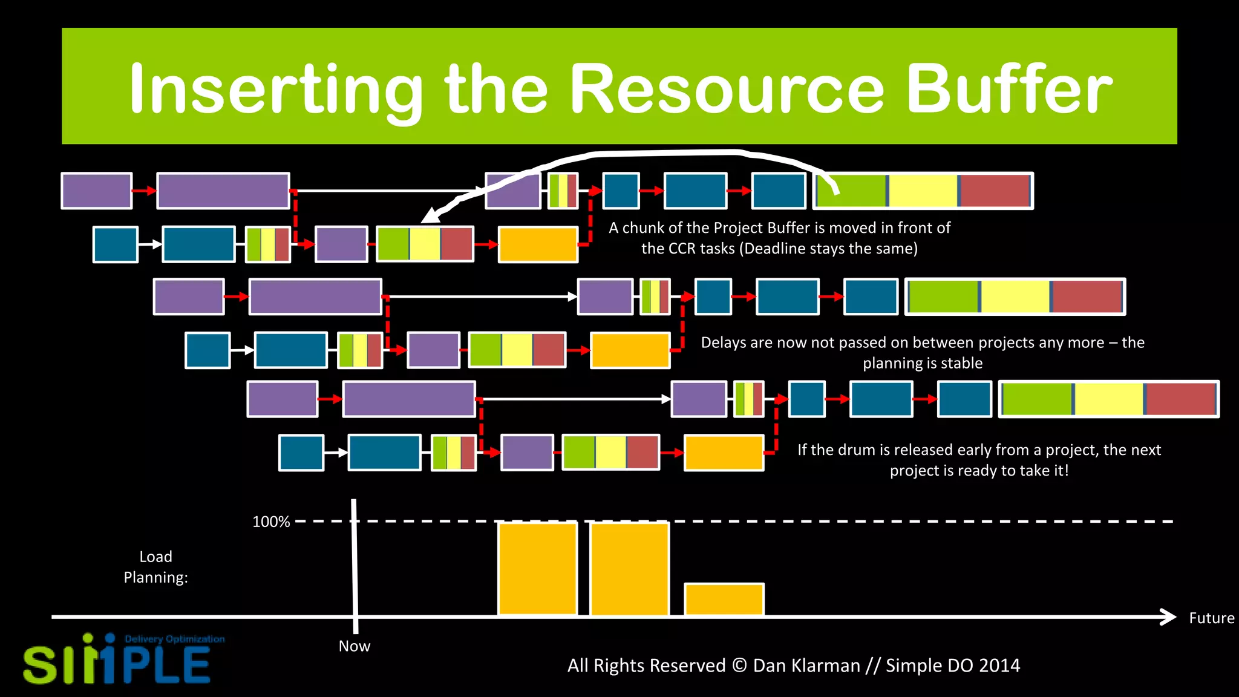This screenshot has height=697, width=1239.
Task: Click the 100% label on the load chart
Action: (x=271, y=522)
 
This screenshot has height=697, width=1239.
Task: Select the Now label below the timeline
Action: (x=355, y=646)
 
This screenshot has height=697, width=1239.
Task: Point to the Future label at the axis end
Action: (x=1211, y=618)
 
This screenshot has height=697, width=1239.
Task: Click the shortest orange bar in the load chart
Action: (x=724, y=599)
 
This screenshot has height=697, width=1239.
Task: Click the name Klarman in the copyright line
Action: (x=806, y=666)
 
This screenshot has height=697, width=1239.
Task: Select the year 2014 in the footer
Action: (x=999, y=666)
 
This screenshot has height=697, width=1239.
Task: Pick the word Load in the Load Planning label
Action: (x=155, y=557)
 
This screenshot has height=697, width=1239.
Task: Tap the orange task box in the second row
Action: (x=538, y=244)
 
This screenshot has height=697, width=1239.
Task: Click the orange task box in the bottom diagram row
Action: (x=724, y=453)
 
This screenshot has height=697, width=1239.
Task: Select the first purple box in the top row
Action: (x=97, y=191)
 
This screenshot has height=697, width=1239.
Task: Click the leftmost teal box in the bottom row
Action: (x=301, y=453)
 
